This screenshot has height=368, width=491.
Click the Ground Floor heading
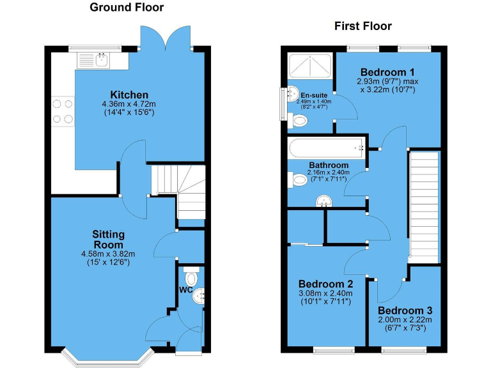click(x=127, y=8)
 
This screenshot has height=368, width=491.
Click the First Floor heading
click(x=363, y=26)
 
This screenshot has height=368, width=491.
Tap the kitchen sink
click(x=93, y=61)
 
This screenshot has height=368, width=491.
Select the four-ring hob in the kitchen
click(x=63, y=110)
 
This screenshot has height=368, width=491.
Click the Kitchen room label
click(x=129, y=95)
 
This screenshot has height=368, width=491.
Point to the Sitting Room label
click(x=109, y=240)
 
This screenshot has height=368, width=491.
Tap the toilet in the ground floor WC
click(x=190, y=279)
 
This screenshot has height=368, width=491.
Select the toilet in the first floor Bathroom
click(x=298, y=181)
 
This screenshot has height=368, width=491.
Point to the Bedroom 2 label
click(x=326, y=284)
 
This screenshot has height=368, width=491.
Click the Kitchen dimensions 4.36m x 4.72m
click(x=129, y=104)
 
